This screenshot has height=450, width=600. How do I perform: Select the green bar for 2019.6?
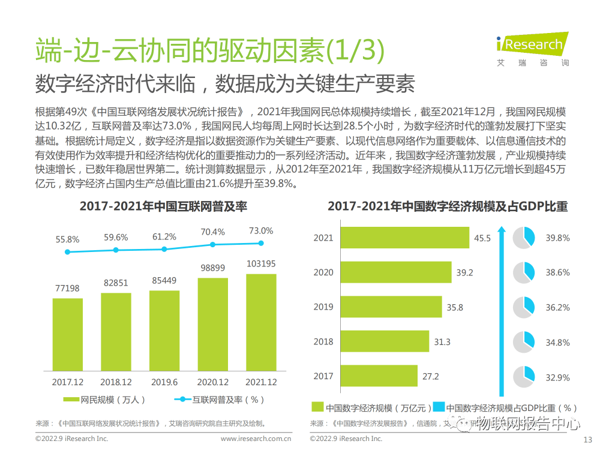[x=164, y=330]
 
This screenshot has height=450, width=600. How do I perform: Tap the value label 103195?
[x=261, y=264]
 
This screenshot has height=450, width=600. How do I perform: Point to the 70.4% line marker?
[x=212, y=245]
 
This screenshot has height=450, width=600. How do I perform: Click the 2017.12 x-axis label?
[x=67, y=382]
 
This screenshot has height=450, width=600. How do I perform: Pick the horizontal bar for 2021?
[x=405, y=238]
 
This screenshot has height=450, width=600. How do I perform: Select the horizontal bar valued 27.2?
[x=379, y=376]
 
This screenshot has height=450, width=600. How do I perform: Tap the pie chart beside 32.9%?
[x=524, y=376]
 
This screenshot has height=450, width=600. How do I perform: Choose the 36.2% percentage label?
[x=557, y=307]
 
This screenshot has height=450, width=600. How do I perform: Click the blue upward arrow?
[x=502, y=306]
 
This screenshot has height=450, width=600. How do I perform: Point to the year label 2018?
[x=323, y=342]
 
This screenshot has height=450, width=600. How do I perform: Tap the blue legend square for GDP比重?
[x=439, y=407]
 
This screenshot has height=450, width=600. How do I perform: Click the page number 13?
[x=587, y=438]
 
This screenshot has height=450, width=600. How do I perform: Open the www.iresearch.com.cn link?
[x=256, y=439]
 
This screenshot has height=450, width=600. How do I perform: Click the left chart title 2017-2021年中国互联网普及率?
[x=164, y=206]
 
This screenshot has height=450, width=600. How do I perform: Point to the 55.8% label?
[x=67, y=239]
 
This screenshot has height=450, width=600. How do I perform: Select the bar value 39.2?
[x=464, y=272]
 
